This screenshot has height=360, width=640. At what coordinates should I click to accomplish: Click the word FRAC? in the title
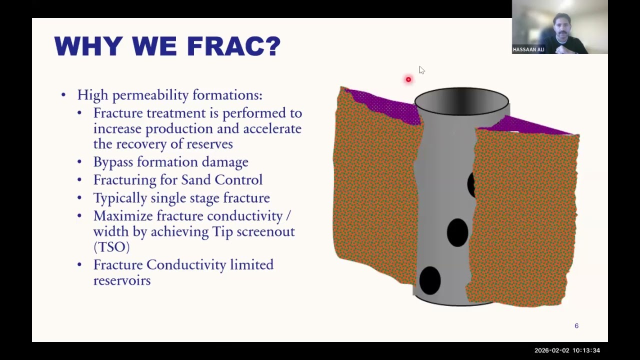pos(233,46)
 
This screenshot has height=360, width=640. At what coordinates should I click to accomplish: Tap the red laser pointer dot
pos(408,79)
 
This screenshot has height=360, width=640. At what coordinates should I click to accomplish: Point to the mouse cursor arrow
pos(422,70)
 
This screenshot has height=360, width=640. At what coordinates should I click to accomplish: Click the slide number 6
pos(576,325)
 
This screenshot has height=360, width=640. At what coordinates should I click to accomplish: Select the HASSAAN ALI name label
pos(528,49)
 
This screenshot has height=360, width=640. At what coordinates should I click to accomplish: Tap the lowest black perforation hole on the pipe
pos(430,280)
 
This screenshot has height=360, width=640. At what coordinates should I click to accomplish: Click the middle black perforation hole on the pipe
pos(457,232)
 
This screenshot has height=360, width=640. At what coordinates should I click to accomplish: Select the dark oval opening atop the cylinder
pos(461,101)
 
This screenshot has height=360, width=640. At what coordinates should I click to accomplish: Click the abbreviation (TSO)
pos(111,247)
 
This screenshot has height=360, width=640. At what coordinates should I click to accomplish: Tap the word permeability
pos(150,95)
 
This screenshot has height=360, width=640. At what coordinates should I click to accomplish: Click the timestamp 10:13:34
pos(586,350)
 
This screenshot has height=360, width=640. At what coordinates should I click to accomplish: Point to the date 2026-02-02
pos(551,350)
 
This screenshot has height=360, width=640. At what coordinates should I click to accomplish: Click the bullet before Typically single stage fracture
pos(79,198)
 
